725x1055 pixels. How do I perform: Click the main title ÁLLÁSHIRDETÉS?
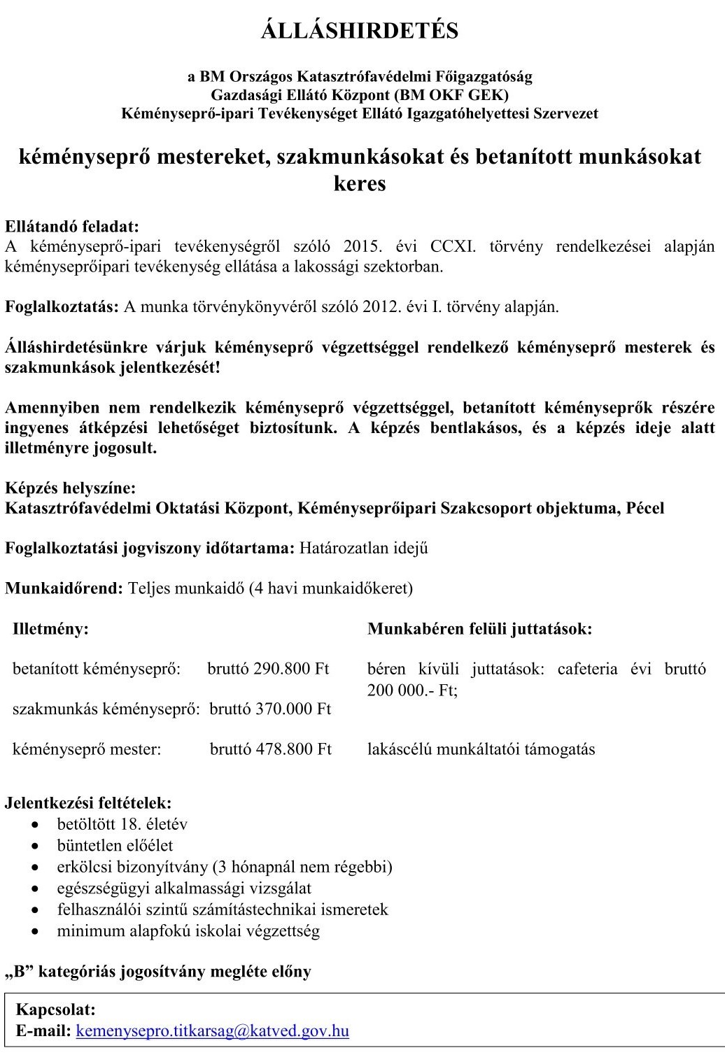point(360,31)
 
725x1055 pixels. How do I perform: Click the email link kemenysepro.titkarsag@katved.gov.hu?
point(212,1031)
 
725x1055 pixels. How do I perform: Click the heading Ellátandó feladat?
point(72,227)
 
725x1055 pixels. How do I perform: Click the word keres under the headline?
point(360,183)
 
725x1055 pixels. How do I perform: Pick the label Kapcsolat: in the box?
point(56,1010)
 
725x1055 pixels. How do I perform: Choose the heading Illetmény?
point(51,628)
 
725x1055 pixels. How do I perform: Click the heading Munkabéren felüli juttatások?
point(480,628)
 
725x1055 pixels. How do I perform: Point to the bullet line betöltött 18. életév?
point(122,823)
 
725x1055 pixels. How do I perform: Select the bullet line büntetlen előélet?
point(115,845)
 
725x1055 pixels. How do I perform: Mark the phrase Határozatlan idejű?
point(364,548)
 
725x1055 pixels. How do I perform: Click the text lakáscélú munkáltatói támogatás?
point(481,749)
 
